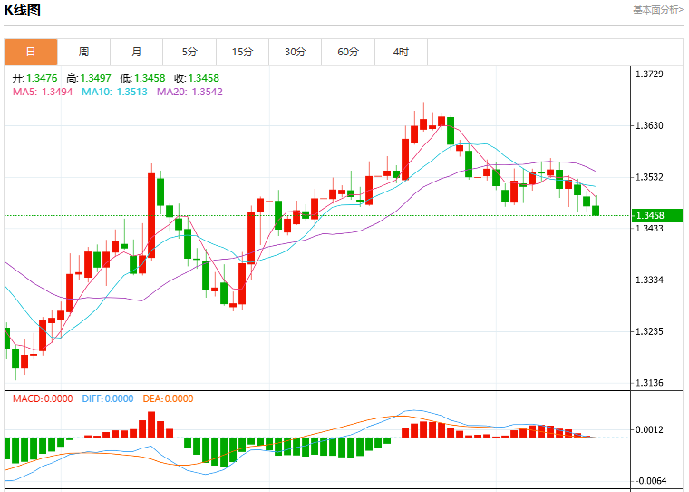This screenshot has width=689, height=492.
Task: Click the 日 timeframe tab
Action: click(31, 52)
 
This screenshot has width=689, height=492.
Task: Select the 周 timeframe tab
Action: click(84, 52)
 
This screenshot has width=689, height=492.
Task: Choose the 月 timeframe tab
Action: click(137, 52)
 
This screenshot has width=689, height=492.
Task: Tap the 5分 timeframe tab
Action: click(189, 52)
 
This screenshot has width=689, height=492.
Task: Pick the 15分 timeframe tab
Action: click(243, 52)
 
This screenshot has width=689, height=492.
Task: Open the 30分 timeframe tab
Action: click(296, 52)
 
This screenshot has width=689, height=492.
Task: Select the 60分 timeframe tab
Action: click(348, 52)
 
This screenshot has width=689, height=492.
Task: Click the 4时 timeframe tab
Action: click(402, 52)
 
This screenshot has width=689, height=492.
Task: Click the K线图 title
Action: click(23, 10)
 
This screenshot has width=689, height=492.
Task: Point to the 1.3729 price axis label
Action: click(649, 74)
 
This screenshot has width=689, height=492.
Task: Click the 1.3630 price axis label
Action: click(649, 126)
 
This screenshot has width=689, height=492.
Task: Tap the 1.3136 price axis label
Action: click(649, 383)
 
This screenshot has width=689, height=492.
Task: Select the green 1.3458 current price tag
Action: click(657, 215)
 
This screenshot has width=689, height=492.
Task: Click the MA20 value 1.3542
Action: click(208, 92)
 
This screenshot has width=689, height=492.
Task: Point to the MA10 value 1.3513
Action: click(131, 92)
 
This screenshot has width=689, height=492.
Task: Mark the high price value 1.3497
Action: click(96, 78)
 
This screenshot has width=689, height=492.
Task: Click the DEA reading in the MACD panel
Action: click(168, 399)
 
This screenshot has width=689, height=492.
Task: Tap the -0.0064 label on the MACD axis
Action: click(650, 481)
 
